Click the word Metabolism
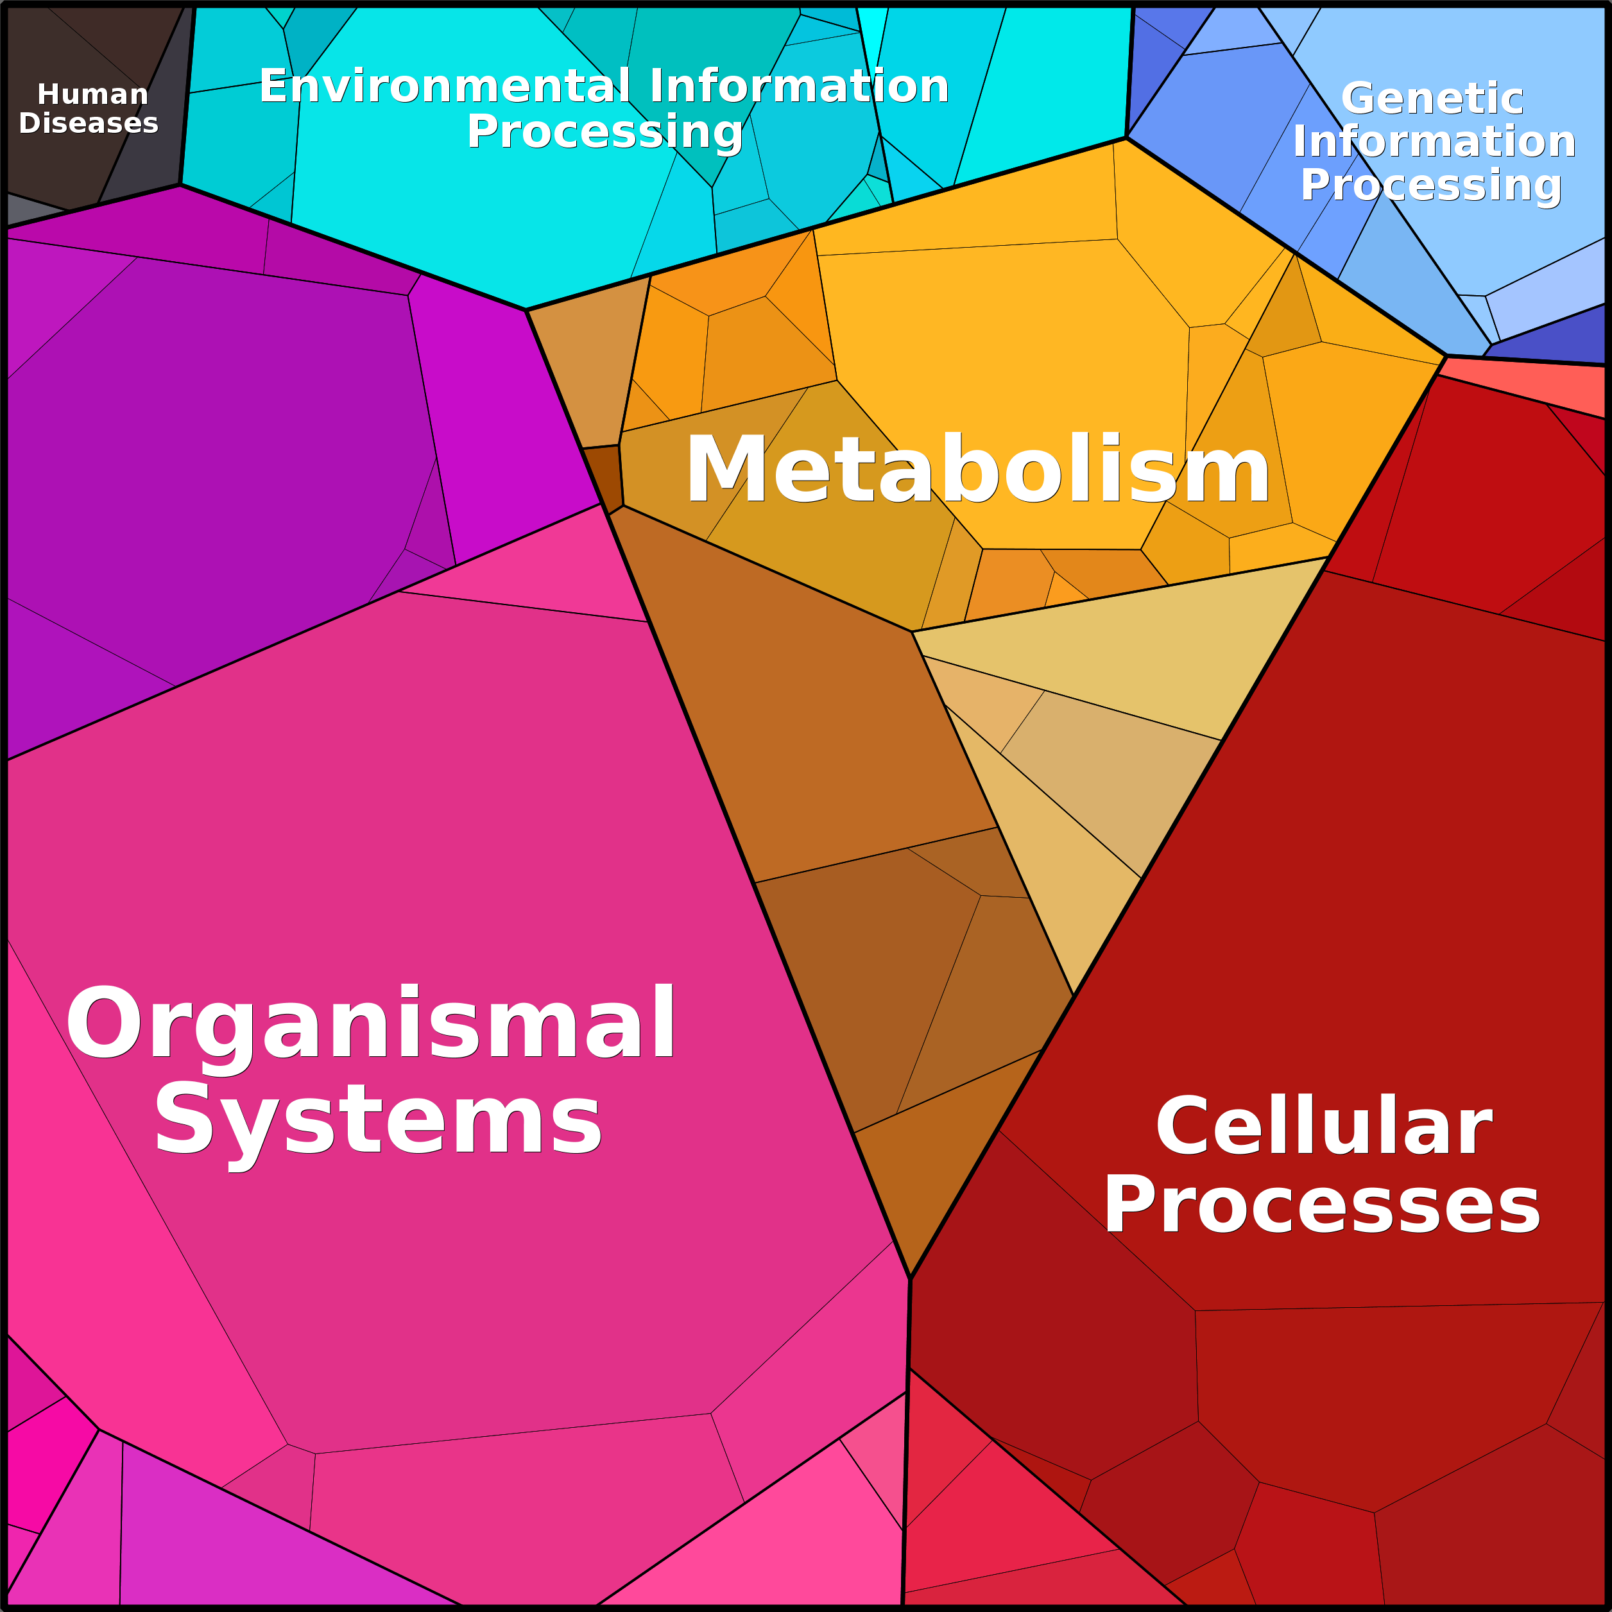coord(977,470)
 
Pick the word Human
coord(92,94)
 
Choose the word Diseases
coord(89,123)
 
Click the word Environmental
coord(445,86)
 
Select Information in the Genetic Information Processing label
coord(1434,141)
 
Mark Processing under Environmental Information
coord(605,132)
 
